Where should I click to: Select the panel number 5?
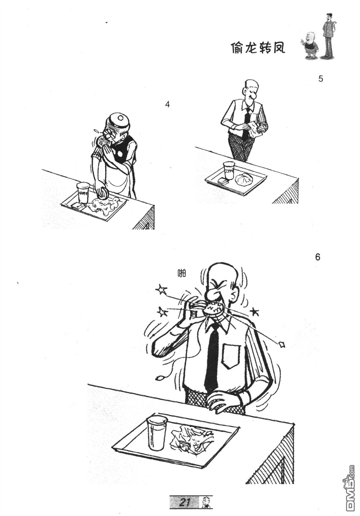coord(320,79)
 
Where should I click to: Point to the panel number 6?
coord(317,257)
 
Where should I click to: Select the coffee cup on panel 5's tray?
coord(228,170)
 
